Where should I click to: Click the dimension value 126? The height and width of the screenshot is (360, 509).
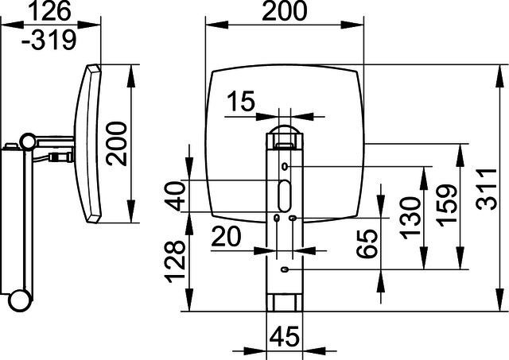49,11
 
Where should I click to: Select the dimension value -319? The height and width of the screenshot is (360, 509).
49,41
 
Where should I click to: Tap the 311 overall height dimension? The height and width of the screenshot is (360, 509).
486,189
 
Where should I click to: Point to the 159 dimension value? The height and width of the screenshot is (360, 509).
447,205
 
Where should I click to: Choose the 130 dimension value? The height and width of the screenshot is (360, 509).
410,218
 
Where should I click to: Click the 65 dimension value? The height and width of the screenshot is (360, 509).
367,243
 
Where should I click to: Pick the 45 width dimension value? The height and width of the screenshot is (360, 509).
285,337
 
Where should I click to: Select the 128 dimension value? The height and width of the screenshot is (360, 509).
175,261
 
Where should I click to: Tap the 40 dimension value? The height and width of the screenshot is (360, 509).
175,196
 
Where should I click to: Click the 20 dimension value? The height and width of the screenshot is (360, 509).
226,236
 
